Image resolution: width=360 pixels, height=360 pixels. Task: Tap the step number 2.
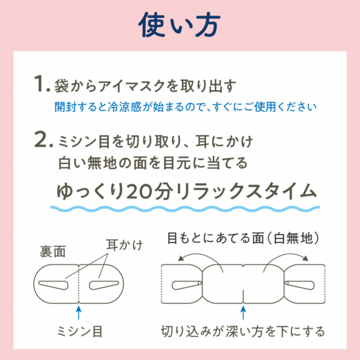tap(42, 141)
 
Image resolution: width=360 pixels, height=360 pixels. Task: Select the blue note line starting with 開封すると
tap(186, 106)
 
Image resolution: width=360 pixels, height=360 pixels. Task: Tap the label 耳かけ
tap(121, 245)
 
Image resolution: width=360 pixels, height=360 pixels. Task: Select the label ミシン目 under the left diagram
tap(79, 327)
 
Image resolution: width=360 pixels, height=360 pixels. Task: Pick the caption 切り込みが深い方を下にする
tap(243, 327)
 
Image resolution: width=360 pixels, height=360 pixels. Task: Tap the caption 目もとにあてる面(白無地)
tap(243, 238)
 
